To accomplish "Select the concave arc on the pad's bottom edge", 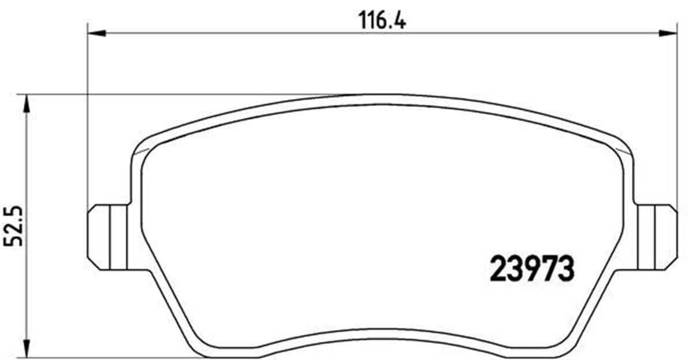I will [381, 333].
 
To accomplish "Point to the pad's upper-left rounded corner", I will [141, 147].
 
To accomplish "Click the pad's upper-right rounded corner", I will [621, 147].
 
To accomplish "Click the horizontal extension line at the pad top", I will [173, 94].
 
